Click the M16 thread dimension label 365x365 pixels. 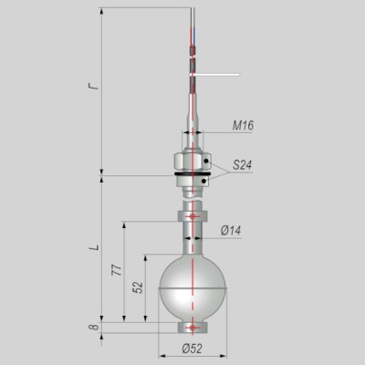coord(243,125)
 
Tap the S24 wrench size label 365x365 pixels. coord(243,165)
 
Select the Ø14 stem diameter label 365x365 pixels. coord(231,231)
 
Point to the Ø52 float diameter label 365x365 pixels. coord(193,349)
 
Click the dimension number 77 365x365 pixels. coord(117,270)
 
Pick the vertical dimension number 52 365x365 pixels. coord(138,287)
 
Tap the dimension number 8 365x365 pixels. coord(94,327)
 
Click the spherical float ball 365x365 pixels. coord(193,289)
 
